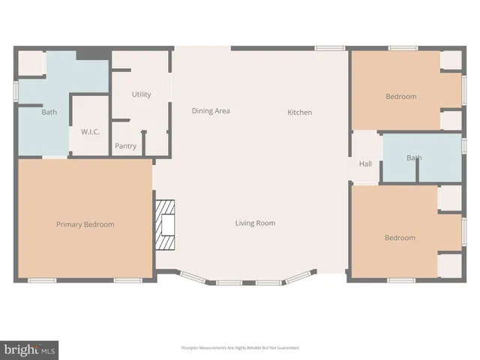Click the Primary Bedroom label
(85, 224)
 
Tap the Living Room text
(255, 223)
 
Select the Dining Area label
(211, 111)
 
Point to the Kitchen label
(300, 112)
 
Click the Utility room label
(141, 94)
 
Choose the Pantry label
(126, 146)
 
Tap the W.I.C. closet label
(91, 132)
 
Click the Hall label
(365, 164)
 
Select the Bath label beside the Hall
(414, 157)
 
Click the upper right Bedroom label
(401, 96)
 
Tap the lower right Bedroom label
(400, 238)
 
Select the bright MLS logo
(29, 349)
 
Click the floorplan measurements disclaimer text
(240, 348)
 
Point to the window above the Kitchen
(329, 49)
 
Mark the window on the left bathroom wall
(16, 90)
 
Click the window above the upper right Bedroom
(403, 49)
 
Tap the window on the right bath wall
(463, 142)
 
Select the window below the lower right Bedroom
(402, 280)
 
